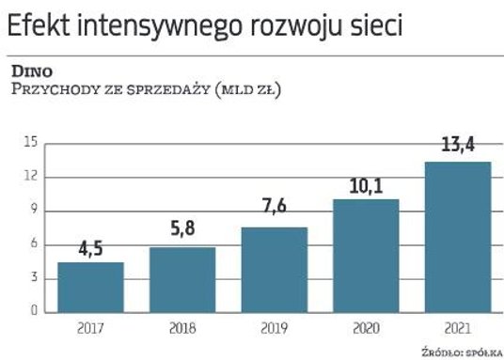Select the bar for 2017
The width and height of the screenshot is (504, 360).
click(91, 287)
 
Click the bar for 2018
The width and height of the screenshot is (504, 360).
click(181, 279)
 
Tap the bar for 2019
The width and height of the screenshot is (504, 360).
click(274, 269)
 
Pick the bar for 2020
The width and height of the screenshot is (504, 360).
click(365, 255)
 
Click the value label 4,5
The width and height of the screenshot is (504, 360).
click(91, 250)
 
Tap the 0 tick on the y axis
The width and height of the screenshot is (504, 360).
click(34, 311)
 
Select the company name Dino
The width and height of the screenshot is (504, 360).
click(31, 70)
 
